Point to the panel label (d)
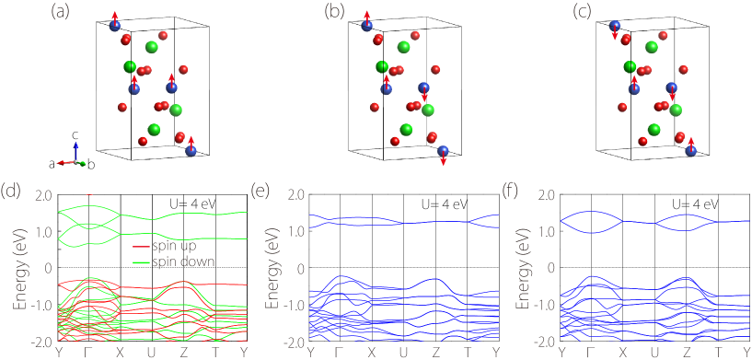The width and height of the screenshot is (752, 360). pyautogui.click(x=12, y=192)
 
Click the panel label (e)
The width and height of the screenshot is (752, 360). pyautogui.click(x=262, y=192)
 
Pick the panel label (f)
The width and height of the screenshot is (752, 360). pyautogui.click(x=514, y=192)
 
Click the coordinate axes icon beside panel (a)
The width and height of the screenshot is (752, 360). pyautogui.click(x=71, y=154)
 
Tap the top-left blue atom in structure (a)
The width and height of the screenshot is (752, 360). pyautogui.click(x=115, y=26)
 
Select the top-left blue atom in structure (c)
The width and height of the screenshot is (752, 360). pyautogui.click(x=615, y=27)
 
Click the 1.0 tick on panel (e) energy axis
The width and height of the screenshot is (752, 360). pyautogui.click(x=295, y=232)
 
